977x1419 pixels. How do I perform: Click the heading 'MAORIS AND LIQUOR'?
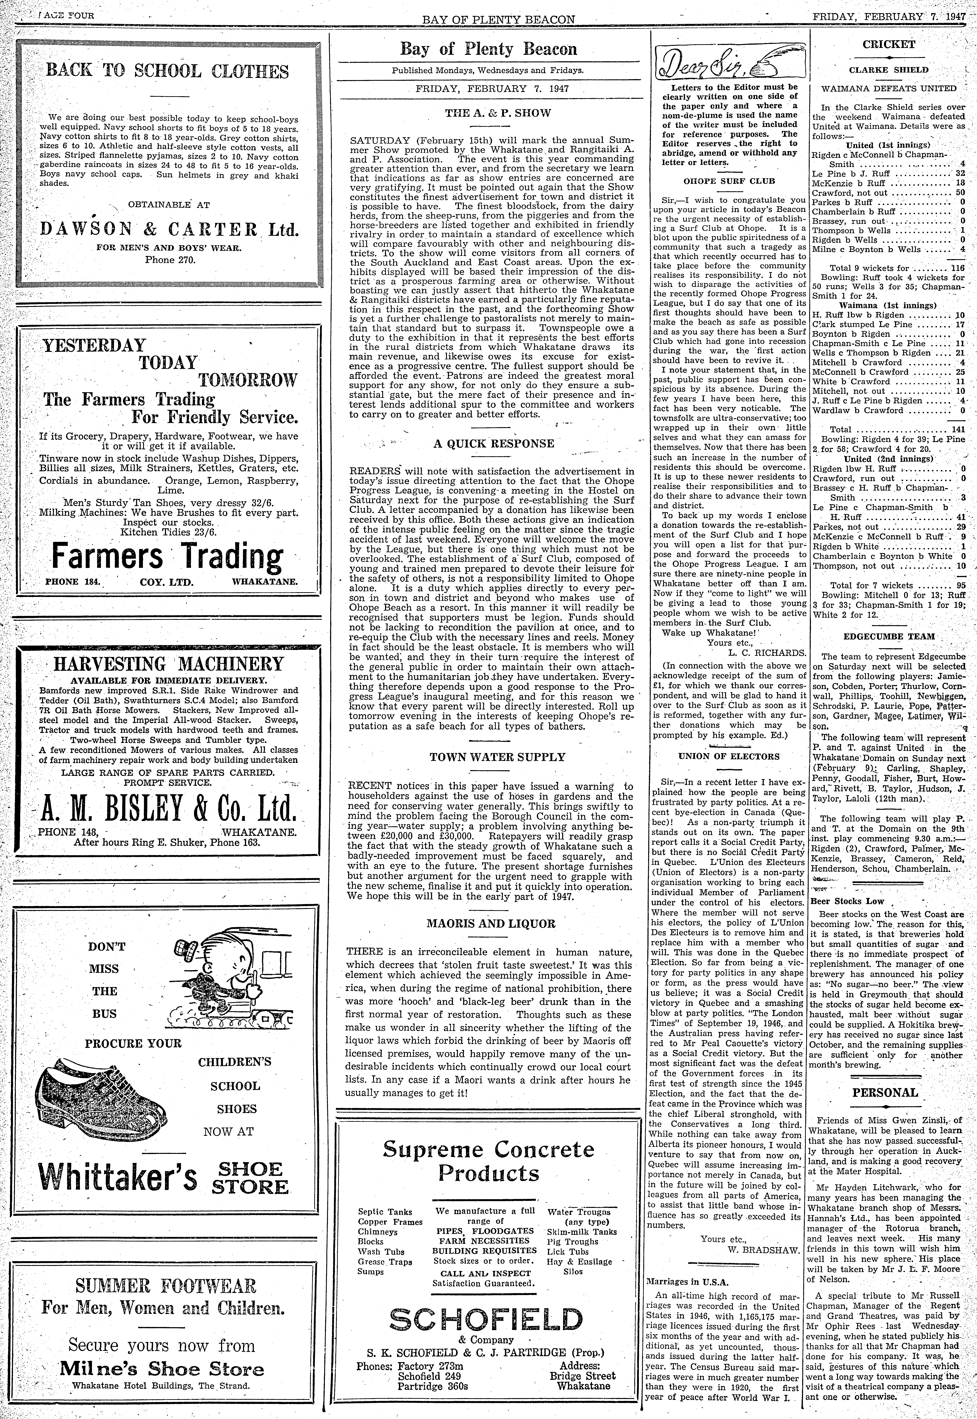tap(490, 924)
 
